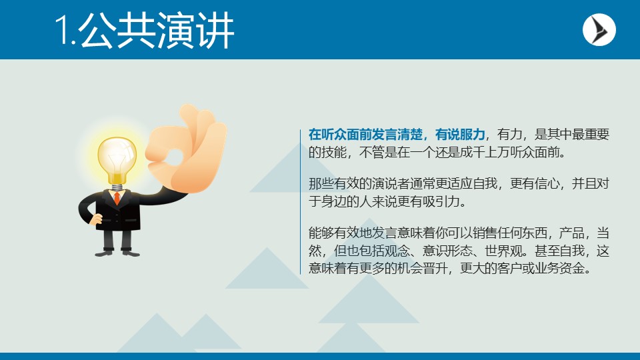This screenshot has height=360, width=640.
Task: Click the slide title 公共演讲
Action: pyautogui.click(x=157, y=31)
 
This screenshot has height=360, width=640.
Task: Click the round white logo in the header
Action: pyautogui.click(x=599, y=30)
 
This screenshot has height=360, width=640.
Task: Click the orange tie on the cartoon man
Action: pyautogui.click(x=117, y=197)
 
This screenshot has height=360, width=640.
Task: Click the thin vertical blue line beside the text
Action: pyautogui.click(x=301, y=200)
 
